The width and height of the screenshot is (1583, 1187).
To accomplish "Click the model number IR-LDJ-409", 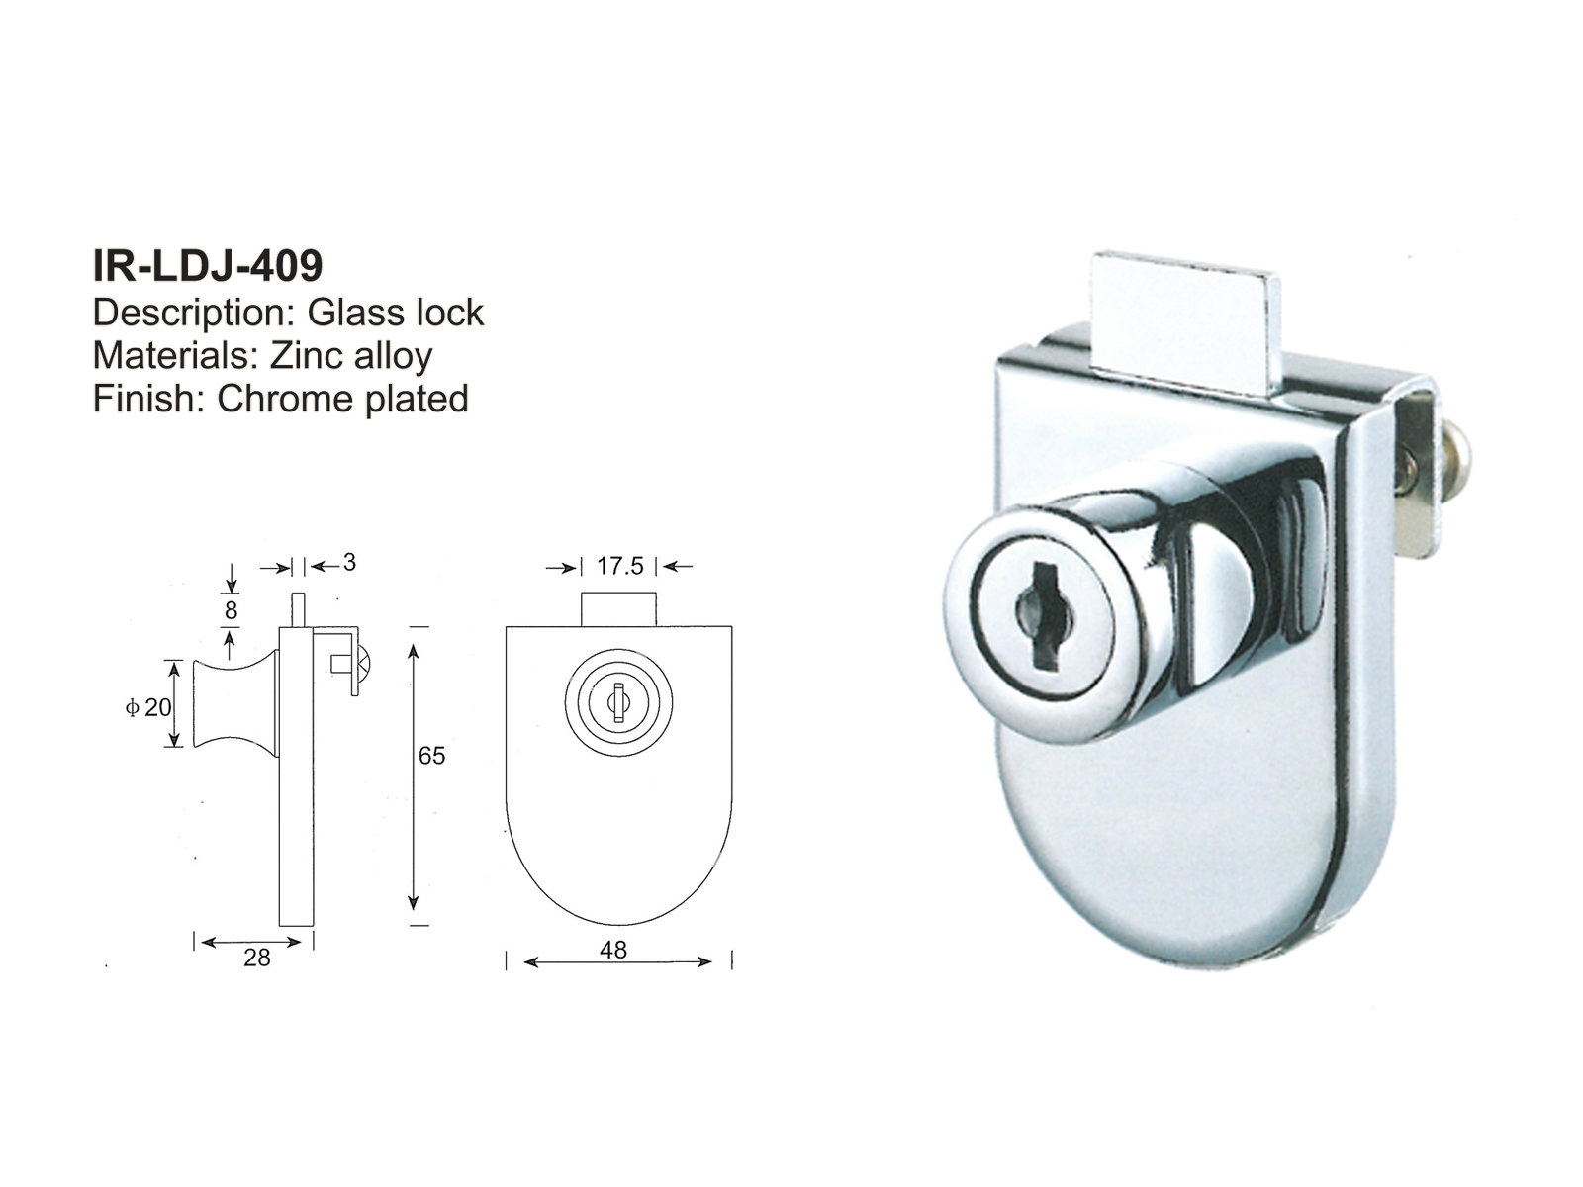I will (207, 265).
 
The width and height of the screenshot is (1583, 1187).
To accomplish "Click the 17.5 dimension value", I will (619, 566).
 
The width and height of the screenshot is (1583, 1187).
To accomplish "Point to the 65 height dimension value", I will (432, 756).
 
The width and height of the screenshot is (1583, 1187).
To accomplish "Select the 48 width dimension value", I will (613, 950).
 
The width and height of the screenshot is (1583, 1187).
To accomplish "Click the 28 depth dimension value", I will (256, 959).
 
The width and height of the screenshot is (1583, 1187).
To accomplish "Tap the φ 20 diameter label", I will (148, 707).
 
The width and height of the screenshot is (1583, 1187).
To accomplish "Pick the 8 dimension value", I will (231, 610).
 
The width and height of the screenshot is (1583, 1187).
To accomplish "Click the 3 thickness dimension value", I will (348, 563).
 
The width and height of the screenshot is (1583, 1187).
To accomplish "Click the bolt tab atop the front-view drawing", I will (617, 607).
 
